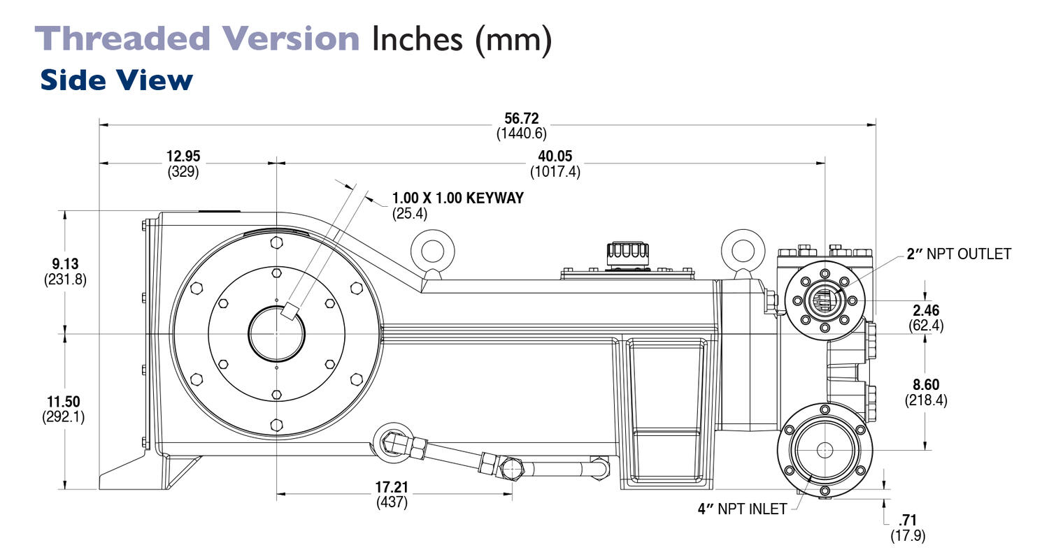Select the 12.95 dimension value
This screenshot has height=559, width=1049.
click(x=183, y=157)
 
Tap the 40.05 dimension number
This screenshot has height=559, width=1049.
click(x=555, y=157)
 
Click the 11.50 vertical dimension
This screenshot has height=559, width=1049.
click(x=63, y=402)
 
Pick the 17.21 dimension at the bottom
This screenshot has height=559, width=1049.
click(x=392, y=486)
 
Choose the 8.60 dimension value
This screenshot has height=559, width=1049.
click(x=925, y=384)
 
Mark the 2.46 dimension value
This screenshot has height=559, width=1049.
click(x=925, y=311)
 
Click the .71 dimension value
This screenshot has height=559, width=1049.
click(x=907, y=521)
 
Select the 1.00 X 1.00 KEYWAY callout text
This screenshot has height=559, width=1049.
click(x=457, y=198)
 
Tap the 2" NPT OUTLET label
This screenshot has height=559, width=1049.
click(x=959, y=254)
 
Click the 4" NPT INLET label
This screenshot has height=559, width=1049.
click(x=742, y=509)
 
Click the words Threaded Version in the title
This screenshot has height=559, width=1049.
click(x=197, y=38)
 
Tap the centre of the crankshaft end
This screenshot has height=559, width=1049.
click(x=276, y=333)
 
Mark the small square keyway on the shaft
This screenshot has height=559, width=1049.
click(x=290, y=311)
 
